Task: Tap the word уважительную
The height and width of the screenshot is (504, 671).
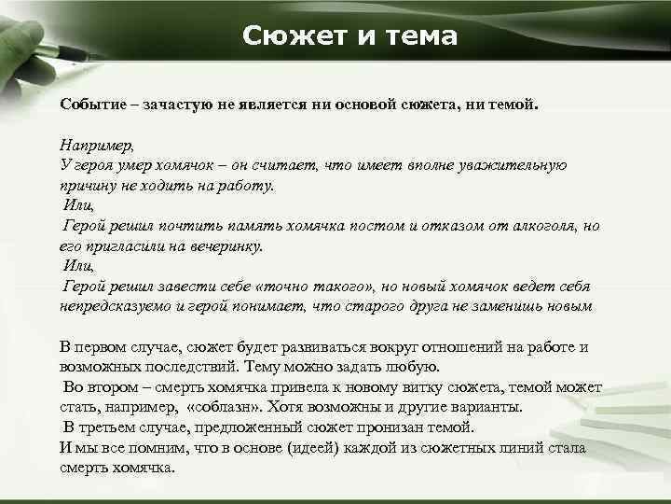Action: click(x=515, y=165)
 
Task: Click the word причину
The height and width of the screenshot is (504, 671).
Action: click(x=89, y=185)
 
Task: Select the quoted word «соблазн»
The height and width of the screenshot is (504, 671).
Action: click(x=224, y=407)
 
